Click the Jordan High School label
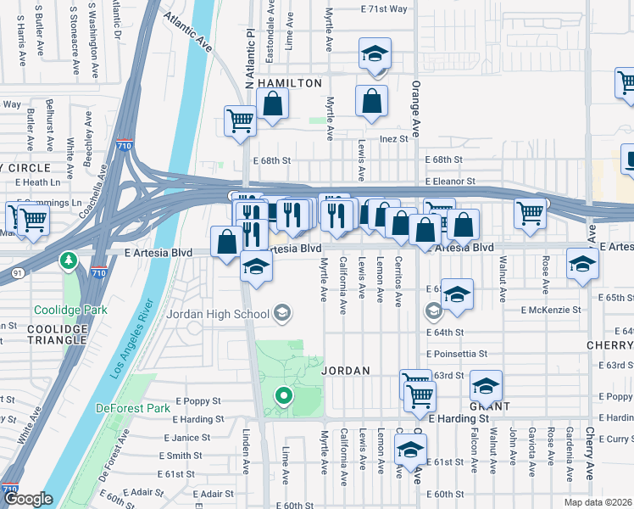pyautogui.click(x=231, y=314)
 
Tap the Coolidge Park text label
pyautogui.click(x=71, y=310)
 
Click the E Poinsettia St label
pyautogui.click(x=458, y=354)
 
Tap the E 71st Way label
pyautogui.click(x=383, y=8)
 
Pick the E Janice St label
pyautogui.click(x=186, y=438)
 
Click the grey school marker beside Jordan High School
pyautogui.click(x=284, y=314)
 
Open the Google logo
pyautogui.click(x=29, y=500)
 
